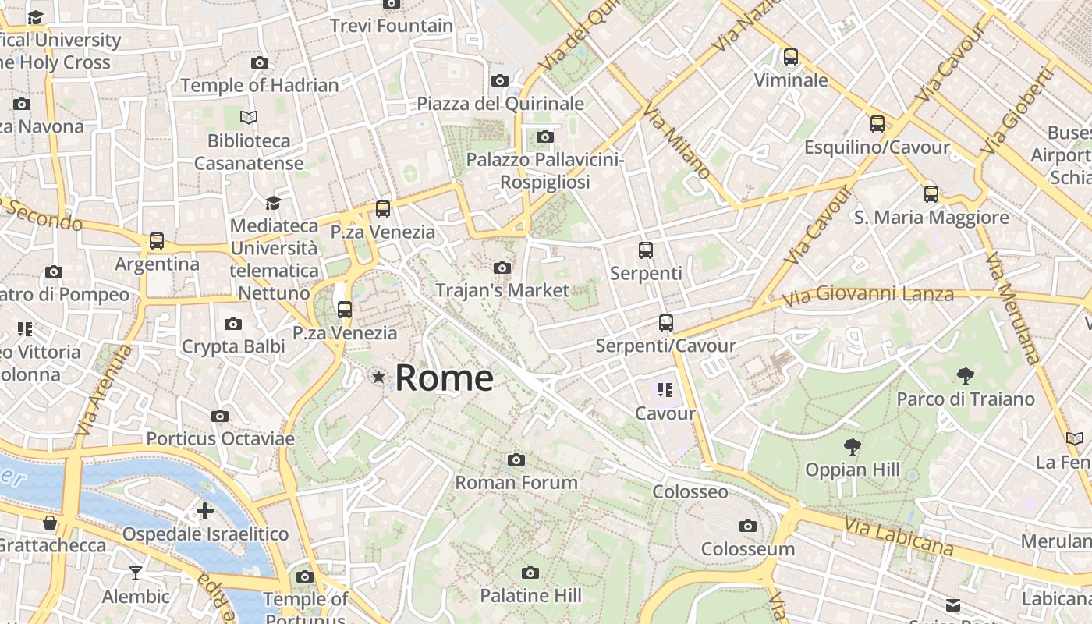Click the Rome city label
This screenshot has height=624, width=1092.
coord(444,378)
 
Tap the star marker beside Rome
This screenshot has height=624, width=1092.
coord(379,378)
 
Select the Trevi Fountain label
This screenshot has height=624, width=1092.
coord(392,26)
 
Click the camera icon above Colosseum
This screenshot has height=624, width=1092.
coord(748,526)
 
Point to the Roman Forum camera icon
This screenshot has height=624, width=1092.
coord(516,459)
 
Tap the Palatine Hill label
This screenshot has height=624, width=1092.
coord(530,596)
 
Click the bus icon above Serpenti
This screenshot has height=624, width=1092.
coord(646,250)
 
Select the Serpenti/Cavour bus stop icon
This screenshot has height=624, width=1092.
coord(665,322)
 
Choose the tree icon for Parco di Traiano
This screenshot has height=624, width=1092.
coord(965,376)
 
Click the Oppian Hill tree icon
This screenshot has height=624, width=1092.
coord(853,447)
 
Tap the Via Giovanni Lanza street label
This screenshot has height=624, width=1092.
coord(868,296)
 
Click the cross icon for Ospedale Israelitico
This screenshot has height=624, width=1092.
coord(205,511)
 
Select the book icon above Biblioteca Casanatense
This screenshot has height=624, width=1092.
coord(249,117)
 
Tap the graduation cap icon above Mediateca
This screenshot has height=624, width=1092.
coord(273,203)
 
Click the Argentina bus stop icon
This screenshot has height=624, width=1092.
coord(157,241)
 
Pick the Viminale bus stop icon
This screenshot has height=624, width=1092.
coord(791,57)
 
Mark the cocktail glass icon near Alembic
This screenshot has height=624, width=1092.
coord(136,573)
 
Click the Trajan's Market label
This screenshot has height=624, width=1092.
coord(502,290)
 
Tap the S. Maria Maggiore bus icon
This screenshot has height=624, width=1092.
coord(931,194)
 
